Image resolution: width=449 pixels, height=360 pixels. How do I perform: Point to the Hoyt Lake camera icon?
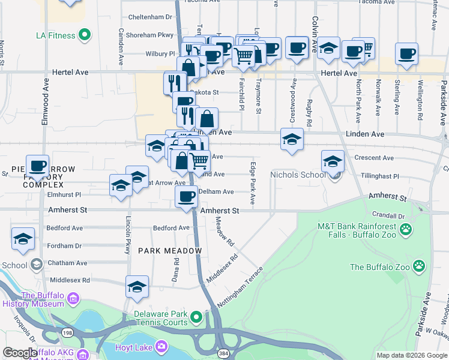point(161,346)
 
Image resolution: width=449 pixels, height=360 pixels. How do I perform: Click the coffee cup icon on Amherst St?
point(186,196)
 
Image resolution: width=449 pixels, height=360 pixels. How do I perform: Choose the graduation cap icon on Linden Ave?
point(292,139)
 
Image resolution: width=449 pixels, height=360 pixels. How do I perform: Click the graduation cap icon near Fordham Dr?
point(23,239)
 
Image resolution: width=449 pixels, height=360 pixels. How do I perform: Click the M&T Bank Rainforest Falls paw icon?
point(406,228)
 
